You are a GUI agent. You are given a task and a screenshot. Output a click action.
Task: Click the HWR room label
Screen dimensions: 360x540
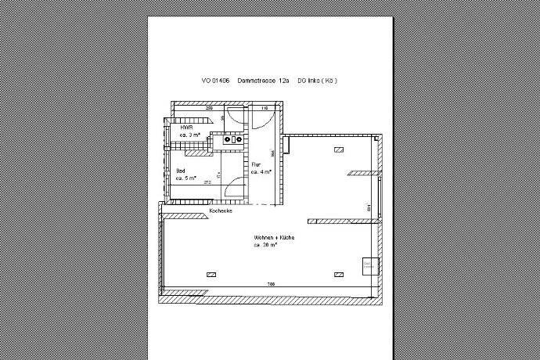click(186, 128)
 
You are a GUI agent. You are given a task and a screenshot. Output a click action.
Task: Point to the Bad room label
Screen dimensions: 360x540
click(181, 170)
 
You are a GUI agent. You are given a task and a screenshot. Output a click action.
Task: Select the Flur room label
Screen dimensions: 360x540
click(255, 164)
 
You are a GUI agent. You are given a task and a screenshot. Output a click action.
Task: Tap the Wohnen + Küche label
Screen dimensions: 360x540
click(273, 238)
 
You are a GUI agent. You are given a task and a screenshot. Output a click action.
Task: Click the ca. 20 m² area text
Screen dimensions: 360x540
click(266, 246)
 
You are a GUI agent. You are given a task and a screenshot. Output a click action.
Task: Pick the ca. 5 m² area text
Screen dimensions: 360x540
click(187, 178)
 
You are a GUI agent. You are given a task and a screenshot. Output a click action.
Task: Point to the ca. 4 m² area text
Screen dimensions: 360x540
click(261, 171)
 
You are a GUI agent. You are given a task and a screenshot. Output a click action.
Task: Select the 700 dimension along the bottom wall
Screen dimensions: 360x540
click(271, 283)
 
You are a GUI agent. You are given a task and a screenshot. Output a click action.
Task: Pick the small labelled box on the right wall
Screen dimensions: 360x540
click(369, 267)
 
